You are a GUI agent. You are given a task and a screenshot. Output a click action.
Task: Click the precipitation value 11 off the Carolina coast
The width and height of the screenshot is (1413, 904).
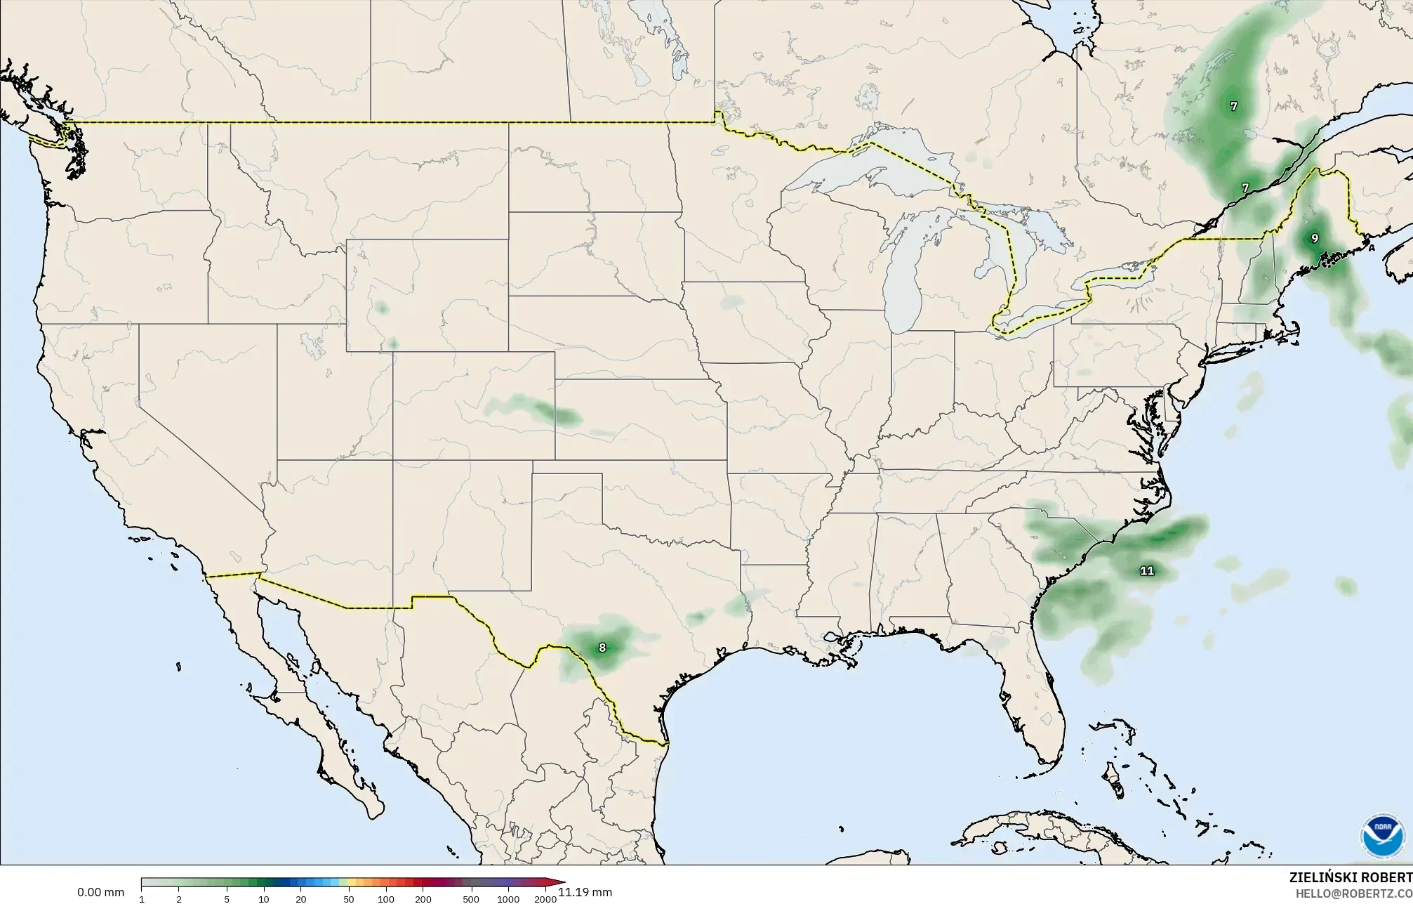click(1146, 570)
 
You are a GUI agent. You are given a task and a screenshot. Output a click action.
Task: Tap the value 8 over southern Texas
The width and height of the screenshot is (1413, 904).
click(602, 648)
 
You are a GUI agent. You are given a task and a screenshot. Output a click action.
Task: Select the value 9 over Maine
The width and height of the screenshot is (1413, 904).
click(1314, 239)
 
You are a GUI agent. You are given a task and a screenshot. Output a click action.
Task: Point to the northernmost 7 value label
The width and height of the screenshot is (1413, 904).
click(1233, 107)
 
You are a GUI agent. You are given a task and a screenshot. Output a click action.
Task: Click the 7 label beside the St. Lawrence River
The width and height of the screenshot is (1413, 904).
click(1245, 188)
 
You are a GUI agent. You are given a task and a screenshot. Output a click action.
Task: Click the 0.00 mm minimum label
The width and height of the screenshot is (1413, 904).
click(100, 893)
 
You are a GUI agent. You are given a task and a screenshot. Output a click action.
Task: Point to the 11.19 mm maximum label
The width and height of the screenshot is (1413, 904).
click(585, 893)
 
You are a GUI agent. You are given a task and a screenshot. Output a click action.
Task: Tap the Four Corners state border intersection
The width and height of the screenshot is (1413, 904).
click(392, 460)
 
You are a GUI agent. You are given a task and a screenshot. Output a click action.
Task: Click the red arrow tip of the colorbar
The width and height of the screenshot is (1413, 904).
click(563, 882)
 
